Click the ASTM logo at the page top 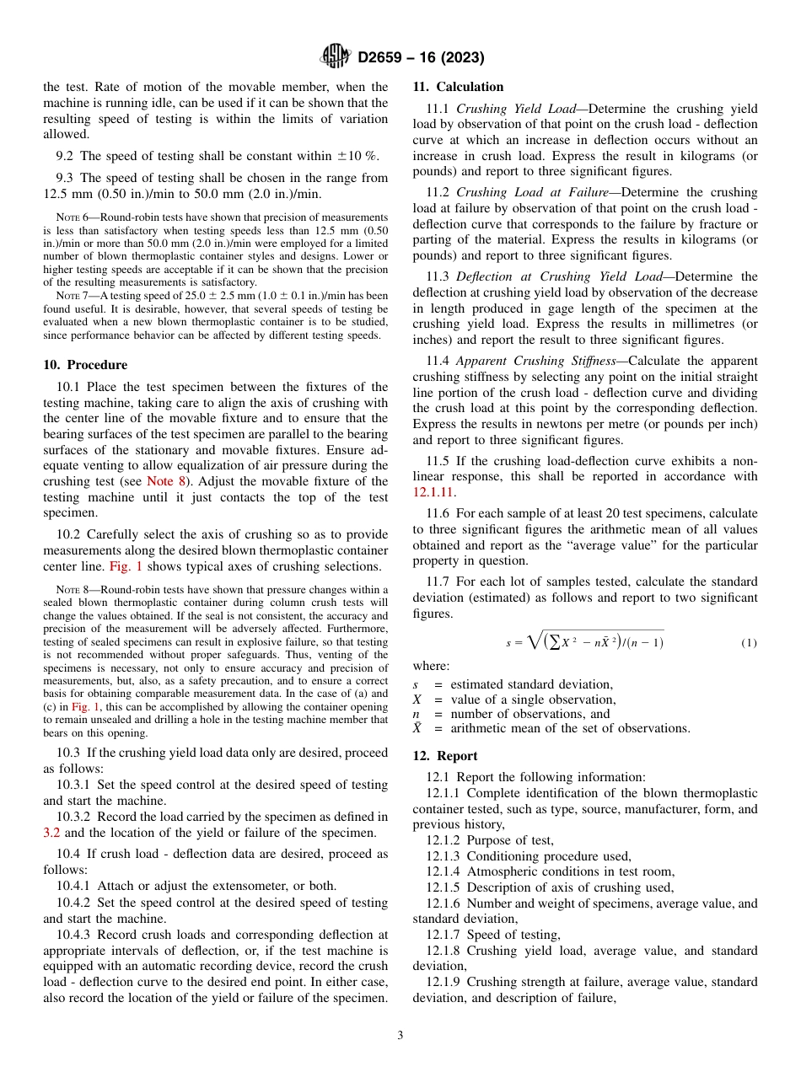coord(336,56)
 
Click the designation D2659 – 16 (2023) coord(421,57)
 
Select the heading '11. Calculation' coord(458,87)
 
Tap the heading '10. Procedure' coord(85,365)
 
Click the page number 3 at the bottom coord(400,1035)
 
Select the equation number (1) coord(749,643)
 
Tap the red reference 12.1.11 coord(433,492)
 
